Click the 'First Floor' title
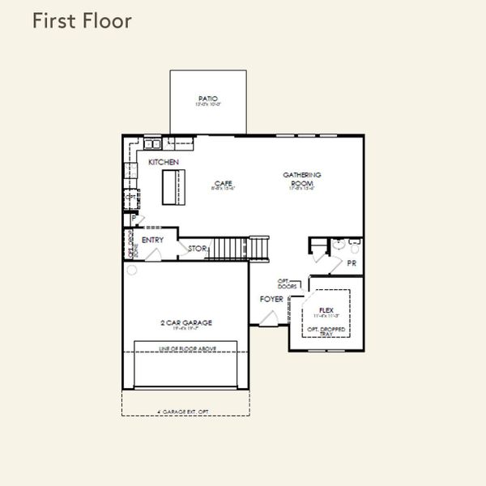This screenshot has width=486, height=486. click(81, 22)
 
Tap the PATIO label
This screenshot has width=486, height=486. click(208, 100)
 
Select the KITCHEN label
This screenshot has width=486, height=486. click(163, 163)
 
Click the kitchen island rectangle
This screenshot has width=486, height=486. click(171, 187)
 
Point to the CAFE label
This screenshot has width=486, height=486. click(223, 184)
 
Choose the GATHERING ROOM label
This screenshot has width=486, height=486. click(302, 178)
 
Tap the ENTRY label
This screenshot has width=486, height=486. click(152, 241)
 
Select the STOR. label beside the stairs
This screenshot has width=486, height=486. click(197, 249)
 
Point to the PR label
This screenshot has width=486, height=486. click(352, 263)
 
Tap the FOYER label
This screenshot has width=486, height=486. click(271, 300)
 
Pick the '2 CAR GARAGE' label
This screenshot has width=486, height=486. click(185, 323)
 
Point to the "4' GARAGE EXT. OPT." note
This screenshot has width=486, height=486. click(185, 412)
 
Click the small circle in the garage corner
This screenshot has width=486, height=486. click(129, 271)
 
